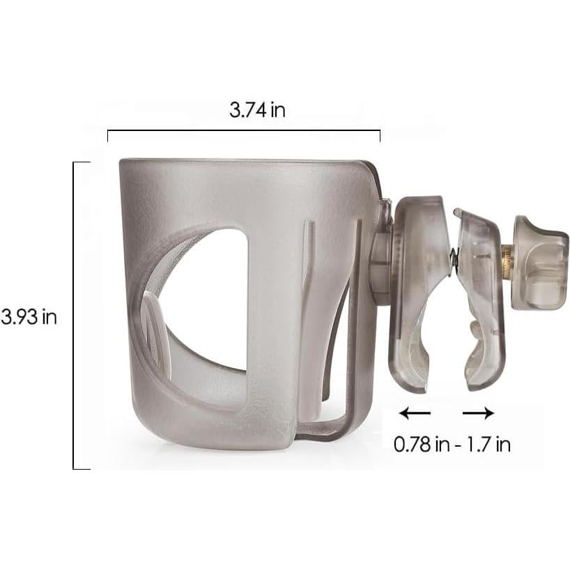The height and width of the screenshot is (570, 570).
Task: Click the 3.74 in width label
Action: tap(257, 110)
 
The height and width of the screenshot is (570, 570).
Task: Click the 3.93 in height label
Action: tap(29, 316)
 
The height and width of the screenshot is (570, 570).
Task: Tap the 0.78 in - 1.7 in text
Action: tap(452, 445)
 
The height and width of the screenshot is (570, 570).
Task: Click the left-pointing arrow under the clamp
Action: tap(415, 413)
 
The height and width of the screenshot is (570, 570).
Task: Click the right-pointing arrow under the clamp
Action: tap(478, 413)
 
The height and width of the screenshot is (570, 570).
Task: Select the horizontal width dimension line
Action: tap(244, 131)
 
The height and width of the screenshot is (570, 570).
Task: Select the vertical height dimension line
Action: tap(74, 315)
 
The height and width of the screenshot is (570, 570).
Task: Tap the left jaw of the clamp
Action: tap(415, 293)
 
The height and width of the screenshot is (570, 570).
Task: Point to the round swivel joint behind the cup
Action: tap(380, 268)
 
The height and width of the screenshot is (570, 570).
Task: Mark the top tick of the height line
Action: tap(82, 162)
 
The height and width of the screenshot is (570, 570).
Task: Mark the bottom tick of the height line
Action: tap(82, 468)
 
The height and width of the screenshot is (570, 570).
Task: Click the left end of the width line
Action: tap(108, 134)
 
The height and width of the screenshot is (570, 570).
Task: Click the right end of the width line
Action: tap(380, 134)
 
